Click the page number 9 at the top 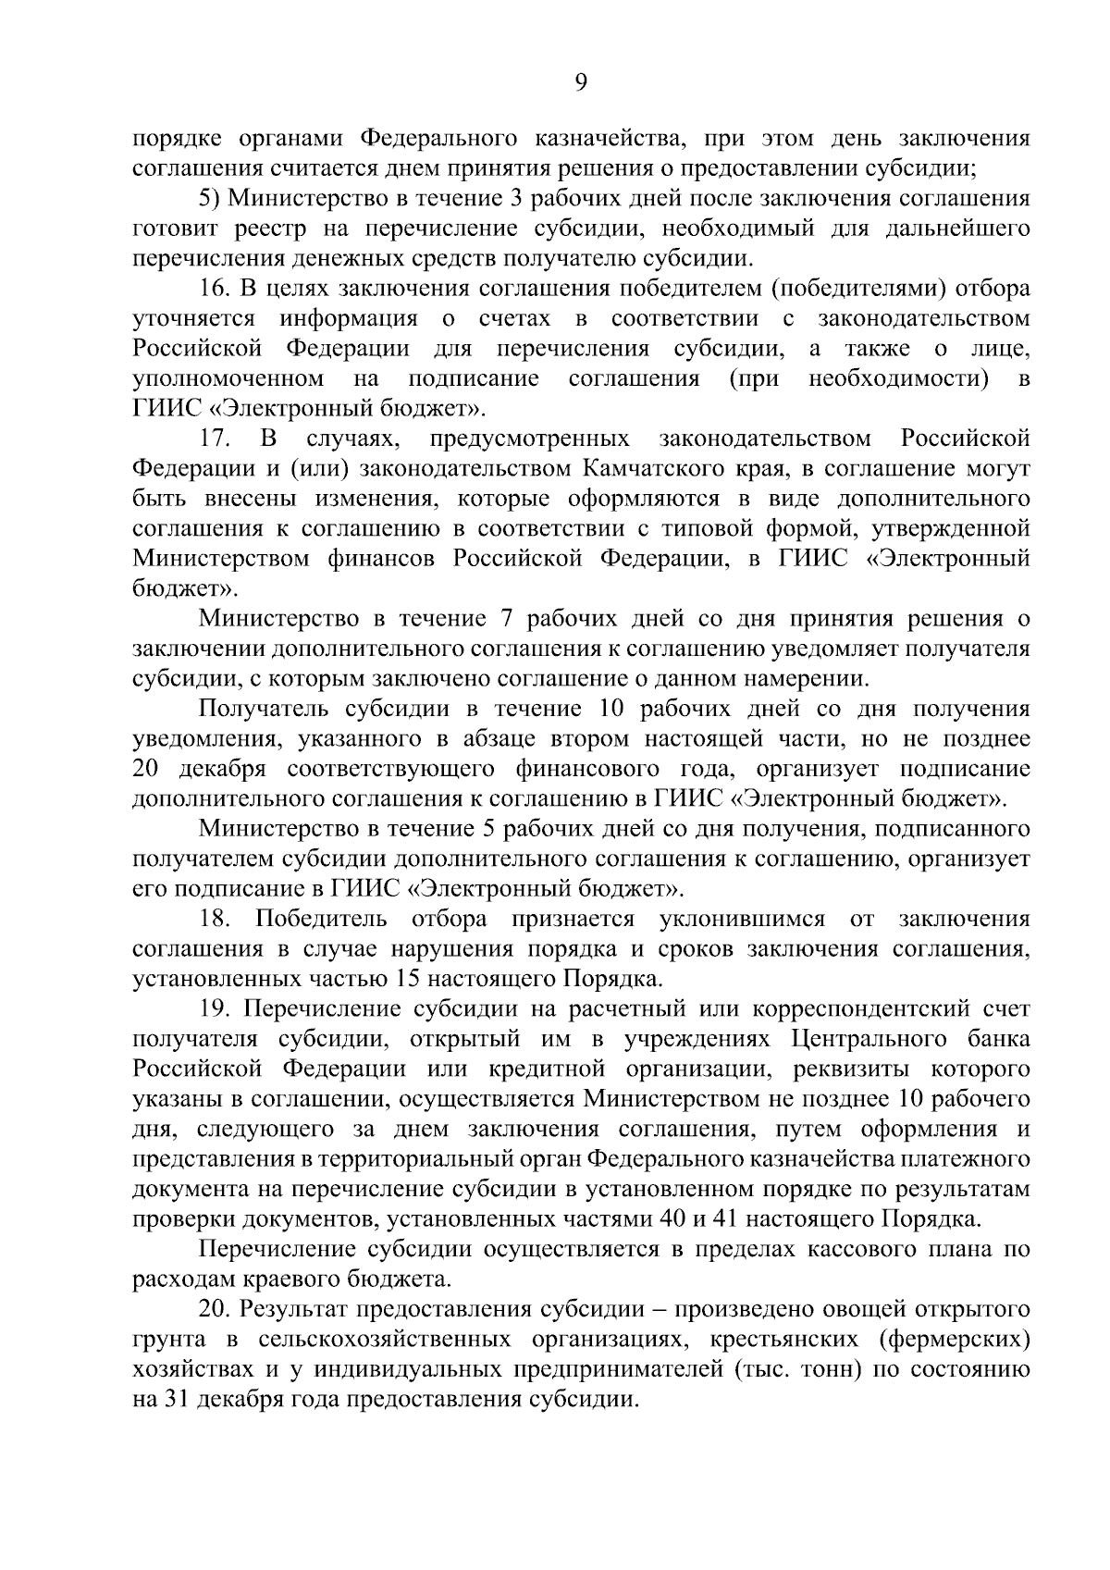580,83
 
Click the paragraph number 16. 215,289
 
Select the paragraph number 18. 216,919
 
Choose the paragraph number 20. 216,1309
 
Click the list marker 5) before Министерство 208,199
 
